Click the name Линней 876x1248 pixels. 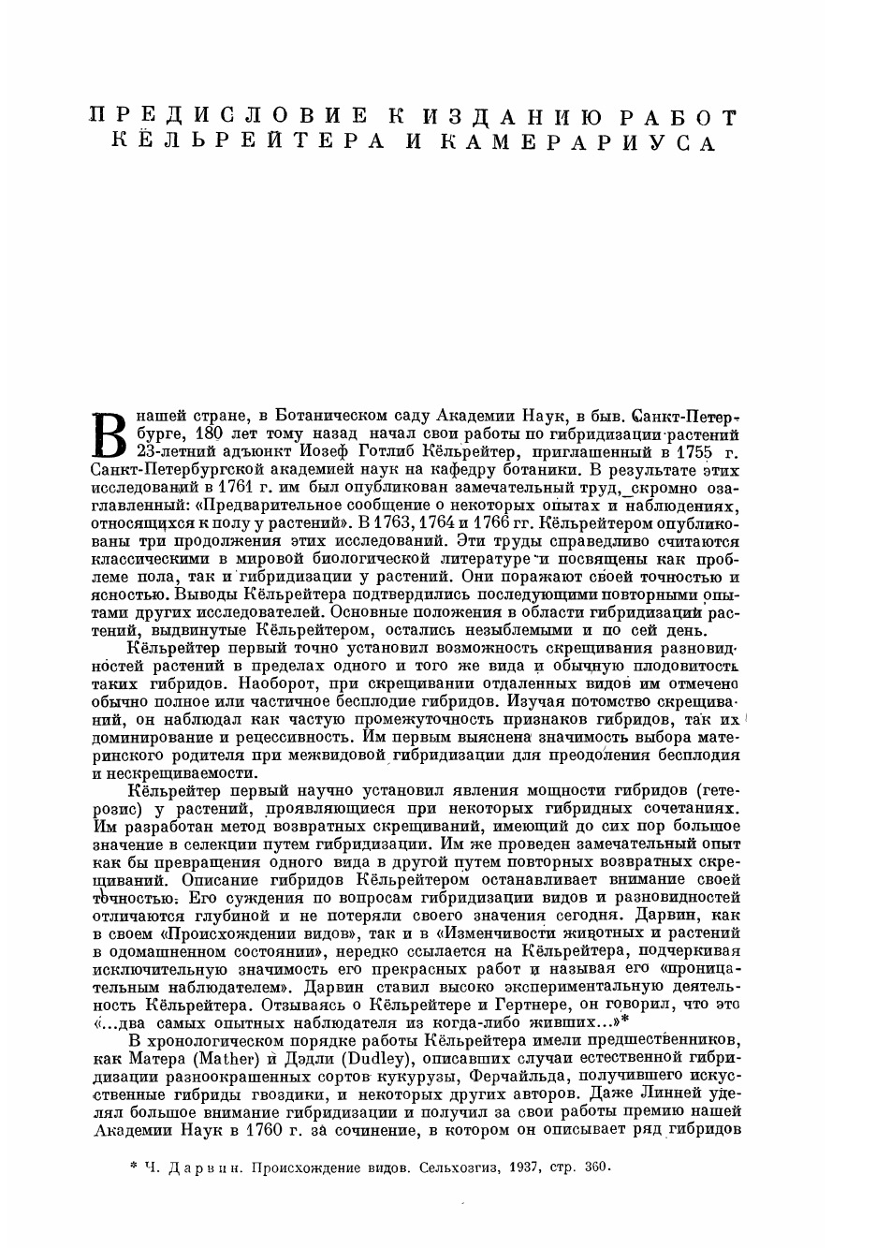(x=669, y=1094)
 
